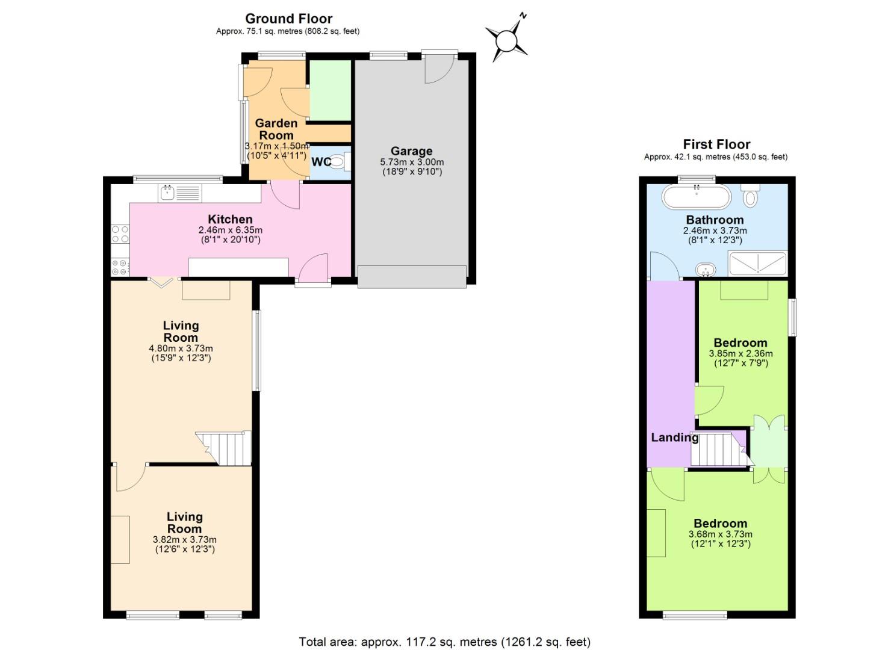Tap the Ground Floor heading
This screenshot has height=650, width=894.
(288, 19)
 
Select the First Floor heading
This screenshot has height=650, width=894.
(716, 144)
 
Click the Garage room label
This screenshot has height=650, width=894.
(411, 151)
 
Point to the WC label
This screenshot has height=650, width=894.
(320, 162)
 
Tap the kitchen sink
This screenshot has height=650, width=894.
(167, 193)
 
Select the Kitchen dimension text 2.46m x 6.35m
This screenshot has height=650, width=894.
(230, 230)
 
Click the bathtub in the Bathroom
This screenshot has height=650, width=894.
(697, 197)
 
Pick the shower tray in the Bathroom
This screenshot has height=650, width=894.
(757, 264)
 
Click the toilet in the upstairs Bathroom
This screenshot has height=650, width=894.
(750, 196)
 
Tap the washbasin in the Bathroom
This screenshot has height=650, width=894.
(704, 270)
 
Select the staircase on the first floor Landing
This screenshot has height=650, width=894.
(716, 450)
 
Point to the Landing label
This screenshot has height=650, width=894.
(674, 438)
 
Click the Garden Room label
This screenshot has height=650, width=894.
(276, 129)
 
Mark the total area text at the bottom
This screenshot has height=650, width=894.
(444, 642)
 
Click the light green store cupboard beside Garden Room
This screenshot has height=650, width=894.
(330, 90)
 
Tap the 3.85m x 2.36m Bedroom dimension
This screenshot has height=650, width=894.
(740, 354)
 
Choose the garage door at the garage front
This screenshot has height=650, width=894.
(412, 277)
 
